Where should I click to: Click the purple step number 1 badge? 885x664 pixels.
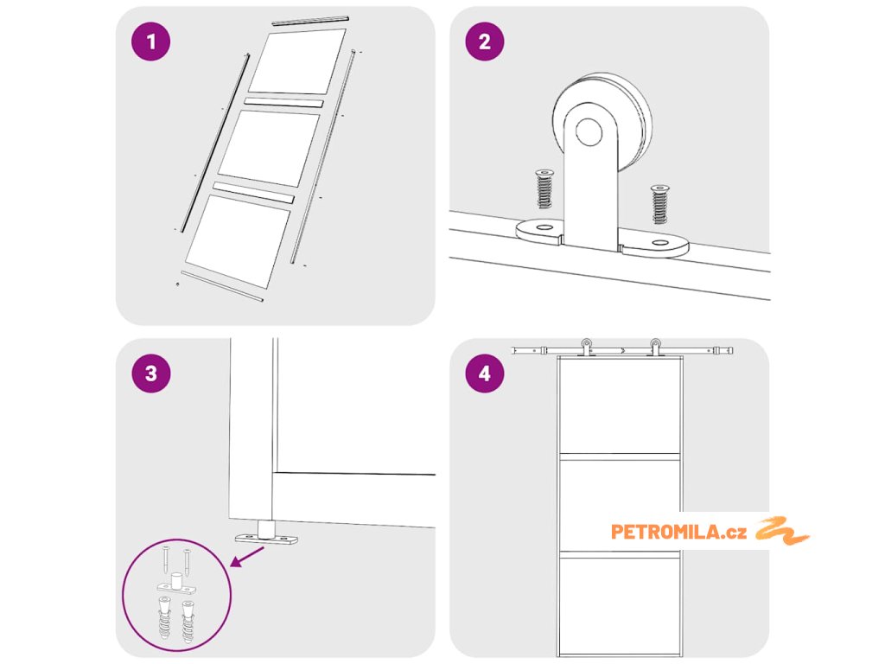tap(150, 41)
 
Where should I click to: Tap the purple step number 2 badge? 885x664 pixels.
tap(485, 41)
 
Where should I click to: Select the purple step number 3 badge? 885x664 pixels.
tap(150, 373)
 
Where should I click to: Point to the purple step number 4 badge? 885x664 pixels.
tap(485, 373)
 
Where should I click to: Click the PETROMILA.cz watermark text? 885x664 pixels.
tap(678, 532)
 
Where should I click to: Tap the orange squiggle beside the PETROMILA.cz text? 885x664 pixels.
tap(782, 530)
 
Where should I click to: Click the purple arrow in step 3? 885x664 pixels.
tap(246, 557)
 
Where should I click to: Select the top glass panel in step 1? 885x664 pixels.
tap(297, 61)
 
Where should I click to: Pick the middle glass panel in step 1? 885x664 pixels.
tap(270, 149)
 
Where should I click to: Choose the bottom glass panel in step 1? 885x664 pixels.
tap(239, 241)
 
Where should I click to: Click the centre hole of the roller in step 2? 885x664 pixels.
tap(589, 131)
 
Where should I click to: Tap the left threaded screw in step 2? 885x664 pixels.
tap(544, 188)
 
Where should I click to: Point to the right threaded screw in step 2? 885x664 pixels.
tap(659, 204)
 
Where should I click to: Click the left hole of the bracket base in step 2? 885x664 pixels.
tap(544, 227)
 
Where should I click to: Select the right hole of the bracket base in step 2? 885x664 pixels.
tap(659, 243)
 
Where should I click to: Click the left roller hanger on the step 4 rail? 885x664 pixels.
tap(587, 347)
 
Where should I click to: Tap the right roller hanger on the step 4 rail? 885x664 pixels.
tap(655, 347)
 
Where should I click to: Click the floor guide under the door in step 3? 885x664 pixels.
tap(266, 533)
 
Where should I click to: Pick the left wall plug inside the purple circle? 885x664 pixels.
tap(163, 616)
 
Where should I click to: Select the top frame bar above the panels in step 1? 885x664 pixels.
tap(310, 21)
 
